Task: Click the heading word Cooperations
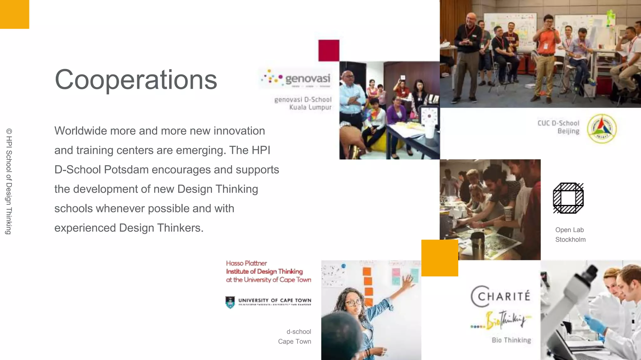(x=136, y=80)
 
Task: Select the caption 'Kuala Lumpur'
(x=310, y=107)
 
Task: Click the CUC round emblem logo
(x=601, y=128)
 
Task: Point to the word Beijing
(x=568, y=131)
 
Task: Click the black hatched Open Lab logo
(x=568, y=198)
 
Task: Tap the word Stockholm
(x=570, y=240)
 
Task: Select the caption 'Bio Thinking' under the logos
(x=511, y=340)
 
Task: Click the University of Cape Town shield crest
(x=230, y=302)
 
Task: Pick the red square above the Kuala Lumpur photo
(x=329, y=50)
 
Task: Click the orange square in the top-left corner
(x=14, y=14)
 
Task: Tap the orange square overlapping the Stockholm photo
(x=439, y=258)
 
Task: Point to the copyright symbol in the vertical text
(x=9, y=131)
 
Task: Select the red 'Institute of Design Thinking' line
(x=264, y=271)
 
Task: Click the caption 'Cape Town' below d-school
(x=294, y=342)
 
